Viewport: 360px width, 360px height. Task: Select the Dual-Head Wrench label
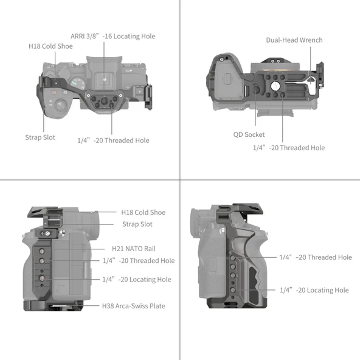294,40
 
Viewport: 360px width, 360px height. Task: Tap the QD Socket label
249,135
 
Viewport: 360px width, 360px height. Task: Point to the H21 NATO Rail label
134,249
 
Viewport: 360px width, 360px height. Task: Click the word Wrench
311,40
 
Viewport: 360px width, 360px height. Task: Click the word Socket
255,135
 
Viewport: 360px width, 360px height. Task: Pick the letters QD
238,135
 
